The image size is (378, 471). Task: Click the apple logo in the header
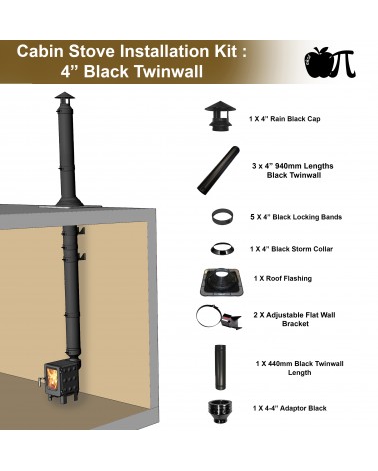[x=318, y=63]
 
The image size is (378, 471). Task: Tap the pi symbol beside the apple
[x=343, y=63]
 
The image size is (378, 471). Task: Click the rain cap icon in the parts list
[x=220, y=116]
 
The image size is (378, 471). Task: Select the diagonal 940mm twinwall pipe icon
[x=218, y=170]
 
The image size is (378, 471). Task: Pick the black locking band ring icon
[x=222, y=216]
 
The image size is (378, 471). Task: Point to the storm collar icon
[x=222, y=249]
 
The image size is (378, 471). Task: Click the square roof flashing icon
[x=222, y=282]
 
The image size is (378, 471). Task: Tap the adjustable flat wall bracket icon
[x=218, y=317]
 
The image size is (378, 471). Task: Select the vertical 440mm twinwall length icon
[x=220, y=367]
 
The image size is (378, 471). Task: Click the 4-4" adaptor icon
[x=220, y=411]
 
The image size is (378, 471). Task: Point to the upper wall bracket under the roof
[x=81, y=230]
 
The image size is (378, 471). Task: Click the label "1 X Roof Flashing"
[x=283, y=278]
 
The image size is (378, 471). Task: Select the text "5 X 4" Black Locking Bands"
[x=296, y=217]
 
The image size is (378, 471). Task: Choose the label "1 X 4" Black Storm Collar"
[x=291, y=249]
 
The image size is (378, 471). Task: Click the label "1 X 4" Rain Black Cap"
[x=285, y=119]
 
